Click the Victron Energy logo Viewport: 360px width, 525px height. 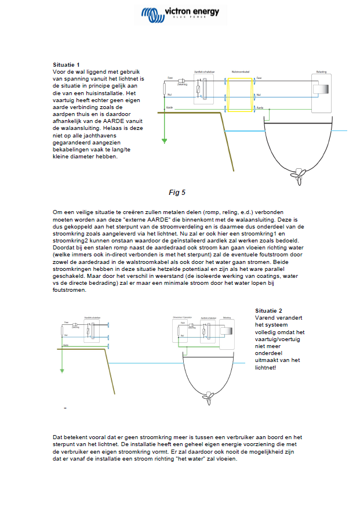click(179, 13)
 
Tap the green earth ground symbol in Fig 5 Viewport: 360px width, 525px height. click(165, 139)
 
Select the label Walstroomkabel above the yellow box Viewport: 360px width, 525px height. click(239, 72)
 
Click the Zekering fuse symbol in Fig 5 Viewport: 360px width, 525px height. click(182, 81)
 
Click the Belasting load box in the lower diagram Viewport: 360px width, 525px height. click(227, 331)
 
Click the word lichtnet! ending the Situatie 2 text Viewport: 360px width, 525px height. click(268, 367)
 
